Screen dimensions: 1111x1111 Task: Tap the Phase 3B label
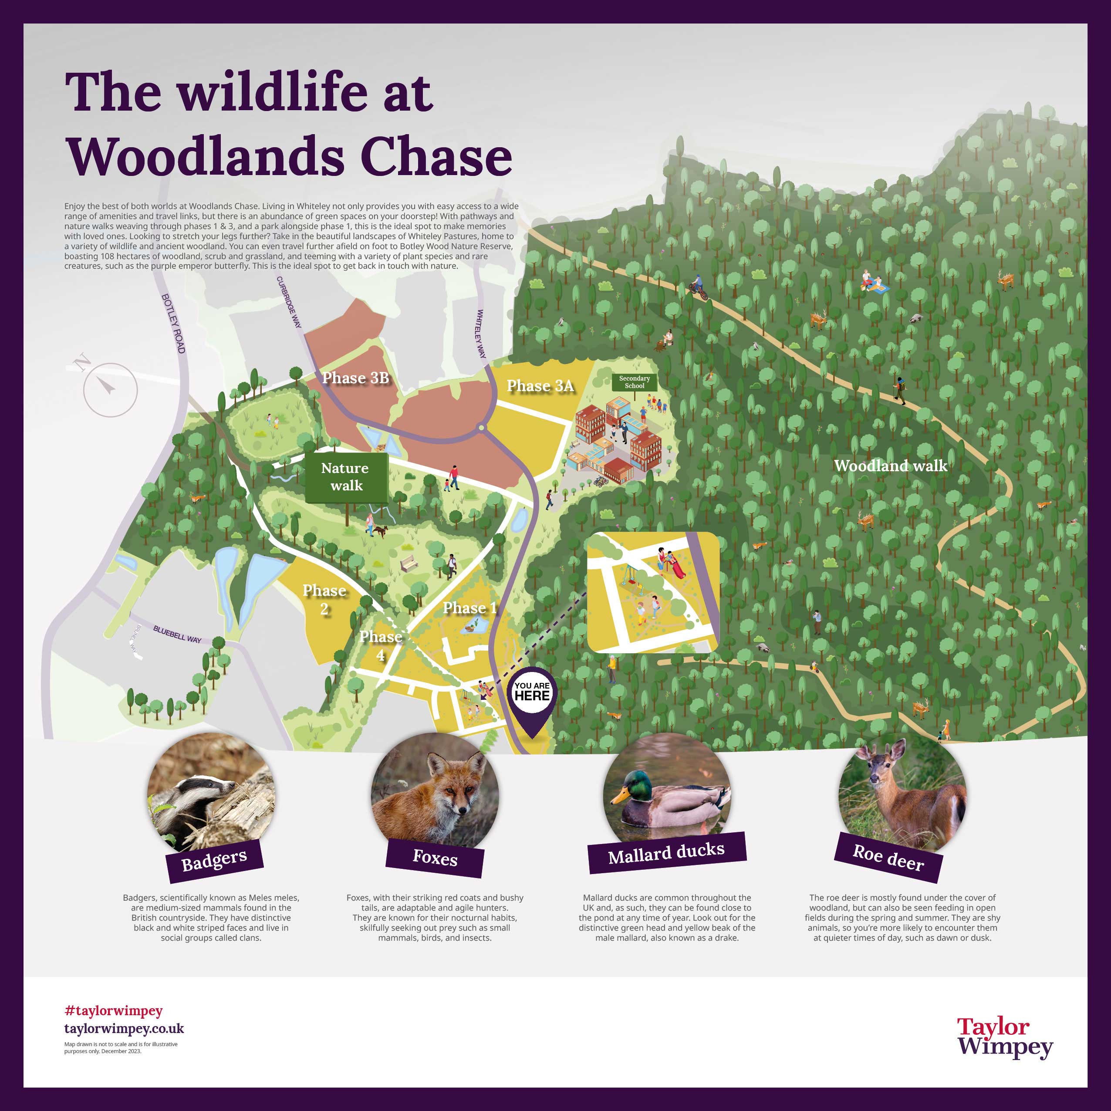click(x=355, y=378)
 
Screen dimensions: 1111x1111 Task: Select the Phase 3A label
click(x=540, y=386)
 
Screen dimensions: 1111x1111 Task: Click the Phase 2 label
click(x=324, y=599)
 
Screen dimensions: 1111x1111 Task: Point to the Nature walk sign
click(x=346, y=477)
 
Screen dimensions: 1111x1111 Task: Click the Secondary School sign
click(x=634, y=382)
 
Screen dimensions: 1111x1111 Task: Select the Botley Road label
click(x=173, y=323)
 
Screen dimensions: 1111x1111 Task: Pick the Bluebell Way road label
click(x=177, y=634)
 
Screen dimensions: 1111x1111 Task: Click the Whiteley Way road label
click(x=481, y=334)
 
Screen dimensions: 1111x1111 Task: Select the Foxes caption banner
click(x=435, y=858)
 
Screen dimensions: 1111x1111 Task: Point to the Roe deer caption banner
click(x=888, y=858)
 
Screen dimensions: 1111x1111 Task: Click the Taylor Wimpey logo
click(x=1004, y=1037)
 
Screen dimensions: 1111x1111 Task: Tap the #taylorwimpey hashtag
click(x=113, y=1010)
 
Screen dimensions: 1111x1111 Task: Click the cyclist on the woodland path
click(x=698, y=287)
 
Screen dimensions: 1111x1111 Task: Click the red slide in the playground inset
click(x=677, y=567)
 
